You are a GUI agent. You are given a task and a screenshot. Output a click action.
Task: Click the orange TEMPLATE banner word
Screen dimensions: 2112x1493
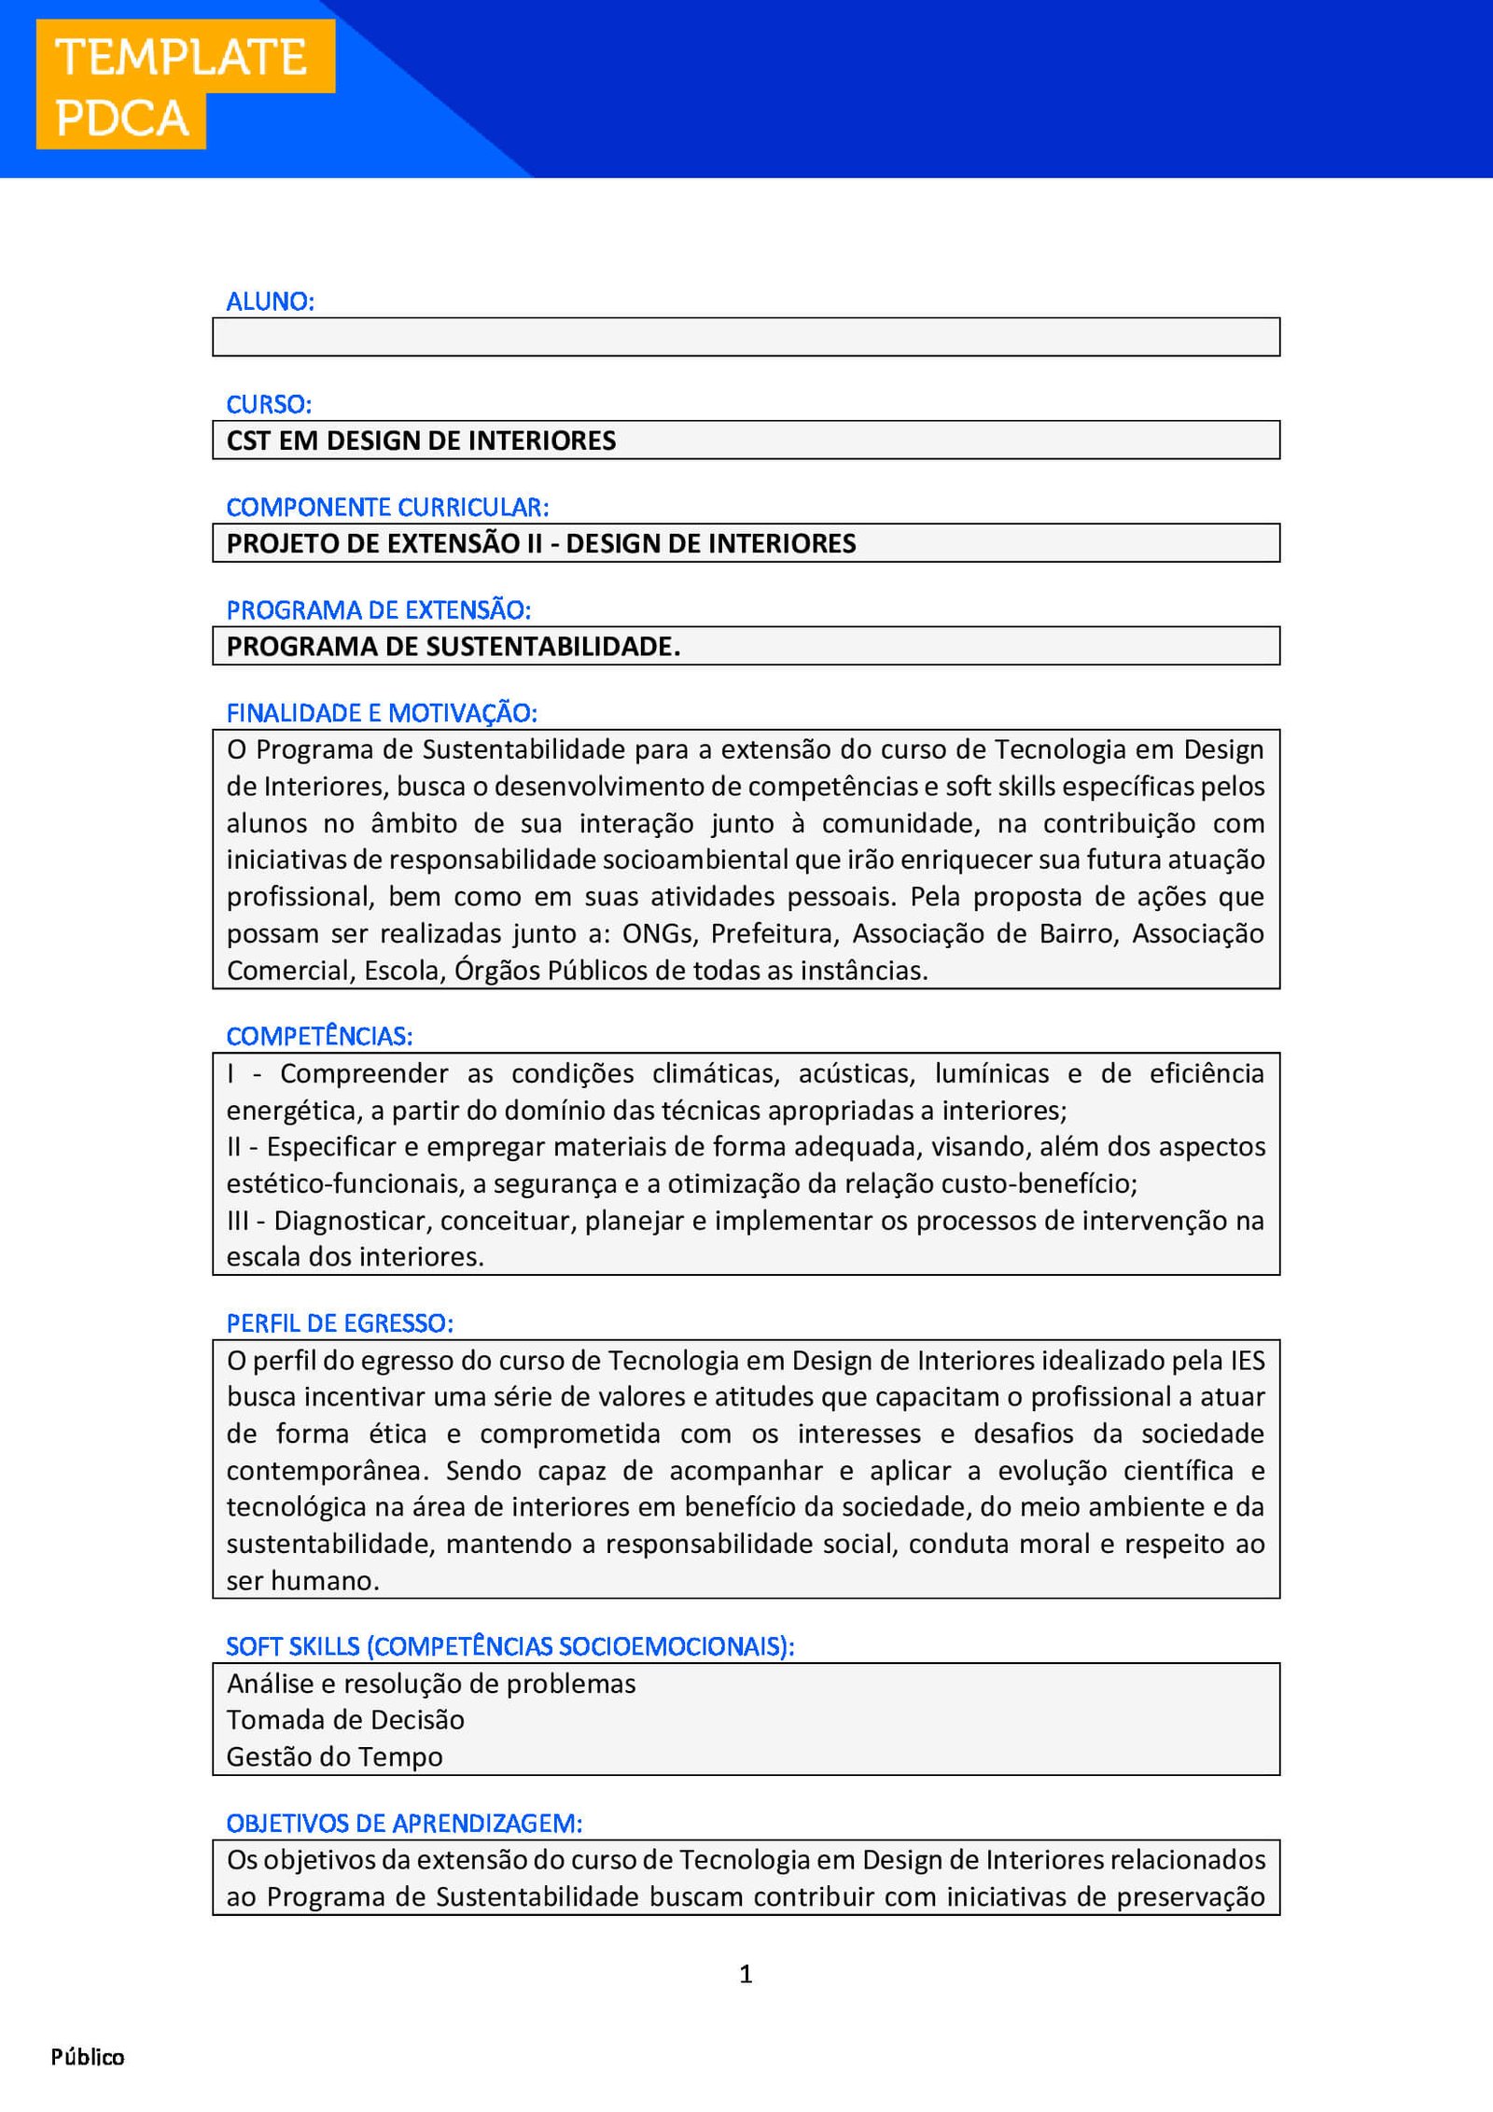(x=182, y=58)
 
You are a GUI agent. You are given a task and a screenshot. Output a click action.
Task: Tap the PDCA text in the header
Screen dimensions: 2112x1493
(x=122, y=119)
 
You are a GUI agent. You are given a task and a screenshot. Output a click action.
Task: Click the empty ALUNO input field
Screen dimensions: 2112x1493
(x=746, y=337)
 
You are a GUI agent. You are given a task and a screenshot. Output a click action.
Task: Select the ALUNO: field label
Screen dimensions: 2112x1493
(x=271, y=301)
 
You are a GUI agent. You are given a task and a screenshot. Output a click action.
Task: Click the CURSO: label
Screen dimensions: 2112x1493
(x=269, y=404)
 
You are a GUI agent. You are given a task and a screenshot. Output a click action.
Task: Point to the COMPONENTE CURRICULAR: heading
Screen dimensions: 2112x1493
(x=387, y=507)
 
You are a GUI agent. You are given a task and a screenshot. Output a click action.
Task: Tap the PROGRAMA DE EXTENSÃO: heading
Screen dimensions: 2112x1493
(x=378, y=609)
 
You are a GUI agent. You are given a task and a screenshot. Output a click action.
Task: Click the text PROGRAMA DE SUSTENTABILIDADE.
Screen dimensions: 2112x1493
(x=453, y=646)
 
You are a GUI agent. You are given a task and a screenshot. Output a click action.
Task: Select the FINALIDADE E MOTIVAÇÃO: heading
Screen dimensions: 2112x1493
(x=382, y=713)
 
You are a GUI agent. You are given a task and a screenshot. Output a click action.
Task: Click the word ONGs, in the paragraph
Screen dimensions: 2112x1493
(x=661, y=933)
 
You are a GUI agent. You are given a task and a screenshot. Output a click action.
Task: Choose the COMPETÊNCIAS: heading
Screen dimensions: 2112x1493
(x=319, y=1036)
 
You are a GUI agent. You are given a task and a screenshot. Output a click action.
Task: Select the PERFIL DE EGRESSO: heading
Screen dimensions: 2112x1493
(x=340, y=1323)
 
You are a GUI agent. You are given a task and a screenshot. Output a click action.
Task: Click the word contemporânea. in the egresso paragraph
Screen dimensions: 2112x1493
(x=328, y=1471)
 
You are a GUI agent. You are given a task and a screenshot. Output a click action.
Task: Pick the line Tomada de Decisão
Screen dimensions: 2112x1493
(x=345, y=1720)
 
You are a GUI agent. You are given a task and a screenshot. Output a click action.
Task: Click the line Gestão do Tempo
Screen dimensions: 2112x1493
(x=334, y=1756)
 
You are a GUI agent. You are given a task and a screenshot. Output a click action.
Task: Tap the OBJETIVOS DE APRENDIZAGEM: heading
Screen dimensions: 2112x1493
(x=404, y=1823)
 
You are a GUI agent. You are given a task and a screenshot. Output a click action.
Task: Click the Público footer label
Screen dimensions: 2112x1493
(x=88, y=2057)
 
